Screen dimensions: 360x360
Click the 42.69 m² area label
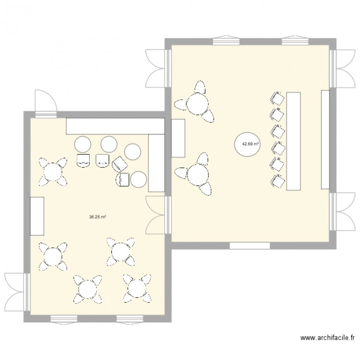click(251, 144)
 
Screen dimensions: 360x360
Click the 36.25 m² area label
click(97, 216)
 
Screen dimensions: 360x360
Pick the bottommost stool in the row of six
click(277, 180)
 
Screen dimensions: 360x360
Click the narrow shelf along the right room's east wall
click(325, 139)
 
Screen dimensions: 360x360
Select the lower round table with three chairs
click(196, 175)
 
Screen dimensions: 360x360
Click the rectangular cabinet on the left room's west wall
click(37, 216)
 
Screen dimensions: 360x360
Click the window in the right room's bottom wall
click(250, 246)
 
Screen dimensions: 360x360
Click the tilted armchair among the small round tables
click(119, 165)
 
